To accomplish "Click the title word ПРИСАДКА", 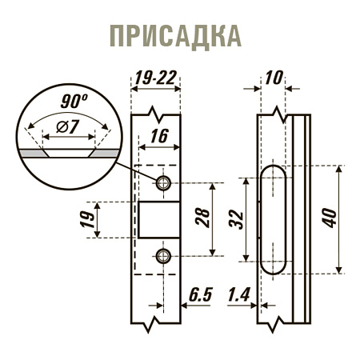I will [x=174, y=36].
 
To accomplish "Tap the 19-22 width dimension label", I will [x=156, y=78].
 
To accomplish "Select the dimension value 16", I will [x=158, y=137].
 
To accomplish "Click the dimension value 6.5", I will [x=200, y=295].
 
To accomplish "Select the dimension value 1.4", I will [x=238, y=295].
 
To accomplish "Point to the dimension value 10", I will [x=274, y=78].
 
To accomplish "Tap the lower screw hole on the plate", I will [x=163, y=255].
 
